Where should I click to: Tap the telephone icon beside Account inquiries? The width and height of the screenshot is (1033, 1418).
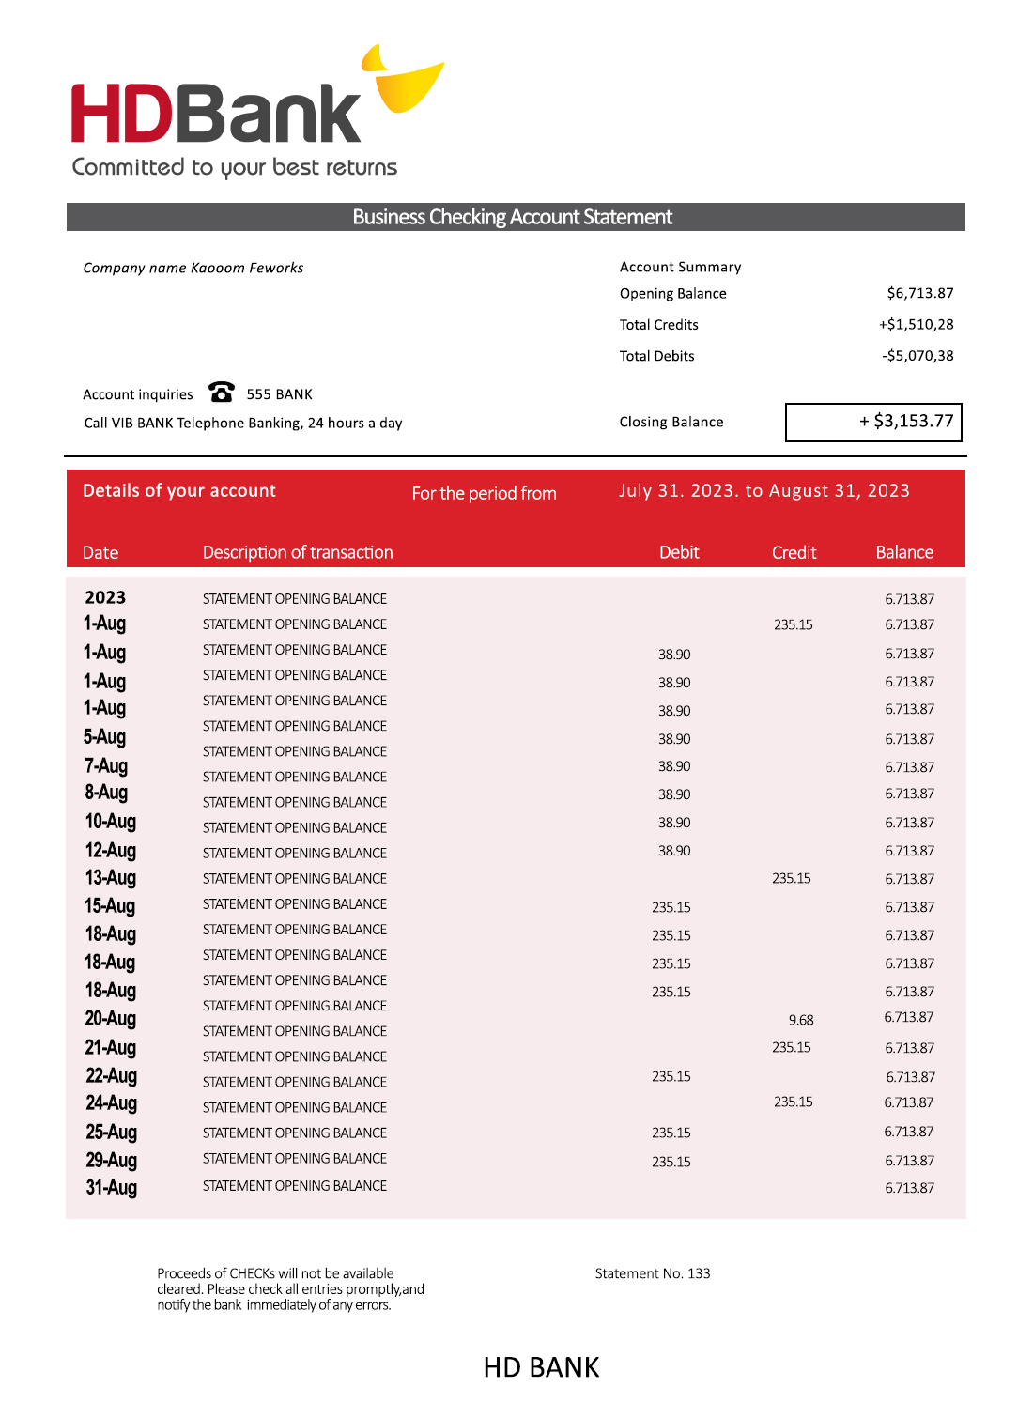pos(222,392)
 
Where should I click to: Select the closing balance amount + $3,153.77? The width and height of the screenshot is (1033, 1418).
pos(906,421)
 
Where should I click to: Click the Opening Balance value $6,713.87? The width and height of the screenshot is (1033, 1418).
pos(919,293)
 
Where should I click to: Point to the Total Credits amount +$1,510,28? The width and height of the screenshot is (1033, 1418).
pos(916,324)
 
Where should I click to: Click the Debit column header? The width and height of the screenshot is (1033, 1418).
pos(679,552)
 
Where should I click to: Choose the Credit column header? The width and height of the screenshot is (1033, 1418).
pos(794,552)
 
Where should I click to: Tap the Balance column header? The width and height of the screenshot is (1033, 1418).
pos(904,552)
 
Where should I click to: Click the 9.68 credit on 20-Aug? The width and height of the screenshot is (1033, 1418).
pos(801,1020)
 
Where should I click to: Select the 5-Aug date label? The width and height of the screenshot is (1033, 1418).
pos(104,737)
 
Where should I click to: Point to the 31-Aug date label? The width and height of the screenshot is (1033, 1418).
pos(112,1188)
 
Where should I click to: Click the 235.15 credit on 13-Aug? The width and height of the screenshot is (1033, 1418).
pos(792,879)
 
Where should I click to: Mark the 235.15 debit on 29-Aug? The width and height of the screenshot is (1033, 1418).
pos(671,1162)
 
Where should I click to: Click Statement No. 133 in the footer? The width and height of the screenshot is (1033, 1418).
pos(653,1273)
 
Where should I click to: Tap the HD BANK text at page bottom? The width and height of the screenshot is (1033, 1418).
pos(541,1367)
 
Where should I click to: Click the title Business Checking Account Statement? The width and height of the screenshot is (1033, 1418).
pos(513,217)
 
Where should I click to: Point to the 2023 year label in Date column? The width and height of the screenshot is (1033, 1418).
pos(105,598)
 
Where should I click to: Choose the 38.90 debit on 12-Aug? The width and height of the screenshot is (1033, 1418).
pos(674,851)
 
